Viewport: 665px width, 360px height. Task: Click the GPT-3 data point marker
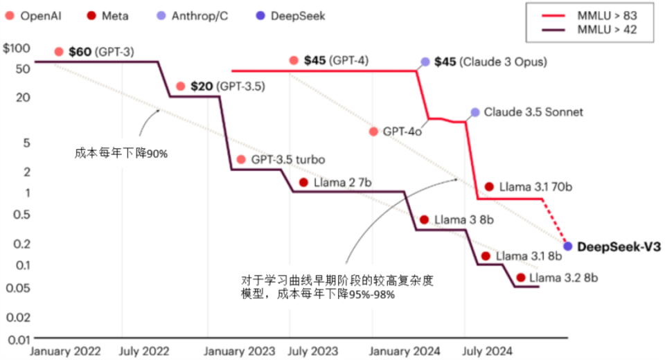59,52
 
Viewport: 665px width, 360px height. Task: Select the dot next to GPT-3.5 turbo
240,160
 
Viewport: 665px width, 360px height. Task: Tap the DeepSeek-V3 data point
568,246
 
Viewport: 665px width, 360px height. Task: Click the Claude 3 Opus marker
425,62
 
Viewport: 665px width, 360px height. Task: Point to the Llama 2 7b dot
303,183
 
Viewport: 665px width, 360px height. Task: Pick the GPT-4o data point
373,132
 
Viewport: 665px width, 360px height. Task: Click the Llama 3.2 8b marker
520,278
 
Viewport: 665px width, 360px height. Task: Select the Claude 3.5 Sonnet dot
475,112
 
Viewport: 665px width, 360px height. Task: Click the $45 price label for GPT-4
314,61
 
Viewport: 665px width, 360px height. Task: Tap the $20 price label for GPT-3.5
202,86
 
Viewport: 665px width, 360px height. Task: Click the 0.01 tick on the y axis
19,339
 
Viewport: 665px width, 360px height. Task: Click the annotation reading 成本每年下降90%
121,154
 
